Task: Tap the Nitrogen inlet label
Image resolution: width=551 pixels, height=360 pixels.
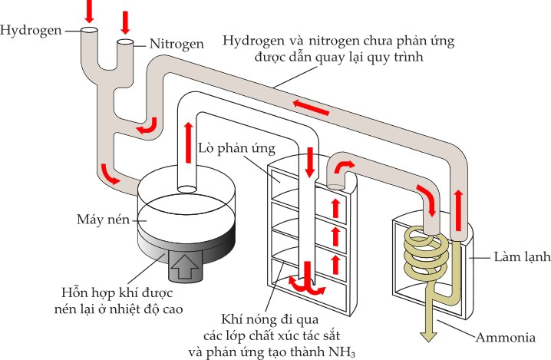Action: coord(177,45)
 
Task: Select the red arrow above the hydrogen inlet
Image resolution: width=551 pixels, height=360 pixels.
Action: coord(90,10)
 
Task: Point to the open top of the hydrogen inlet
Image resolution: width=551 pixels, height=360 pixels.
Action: coord(89,30)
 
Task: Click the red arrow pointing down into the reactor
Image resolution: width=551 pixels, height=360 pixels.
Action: coord(311,163)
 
